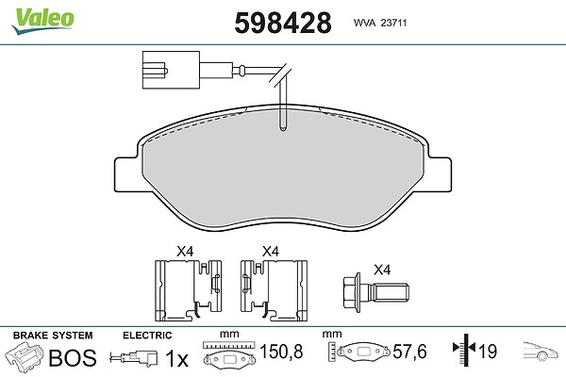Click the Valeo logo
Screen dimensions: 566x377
click(x=42, y=21)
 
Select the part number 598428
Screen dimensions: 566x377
click(x=283, y=23)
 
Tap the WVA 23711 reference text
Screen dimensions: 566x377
click(x=380, y=23)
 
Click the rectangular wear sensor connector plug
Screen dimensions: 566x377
click(x=171, y=70)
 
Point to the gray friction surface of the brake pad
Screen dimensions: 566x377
click(x=283, y=170)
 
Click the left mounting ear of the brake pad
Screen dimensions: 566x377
click(x=126, y=174)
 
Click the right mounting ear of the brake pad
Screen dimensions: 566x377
click(x=439, y=174)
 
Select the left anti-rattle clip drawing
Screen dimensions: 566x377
click(x=188, y=290)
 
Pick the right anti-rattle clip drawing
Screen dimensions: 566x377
click(x=274, y=290)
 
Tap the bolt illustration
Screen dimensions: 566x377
click(x=375, y=292)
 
